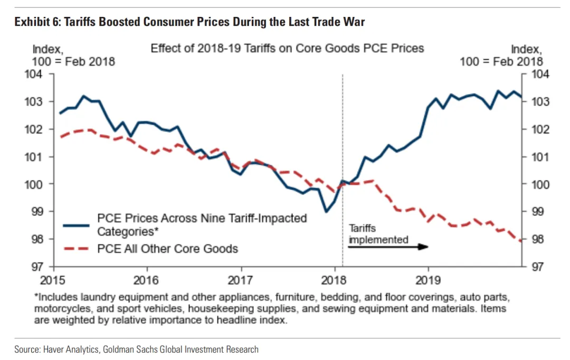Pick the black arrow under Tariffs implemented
388,247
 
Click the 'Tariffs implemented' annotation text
378,234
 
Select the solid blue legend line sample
77,225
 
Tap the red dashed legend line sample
77,248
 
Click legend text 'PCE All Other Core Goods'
167,248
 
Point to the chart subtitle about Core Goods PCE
287,49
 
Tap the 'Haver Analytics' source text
64,349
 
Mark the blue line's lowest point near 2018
327,212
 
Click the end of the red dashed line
521,242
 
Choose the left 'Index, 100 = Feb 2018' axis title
73,55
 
